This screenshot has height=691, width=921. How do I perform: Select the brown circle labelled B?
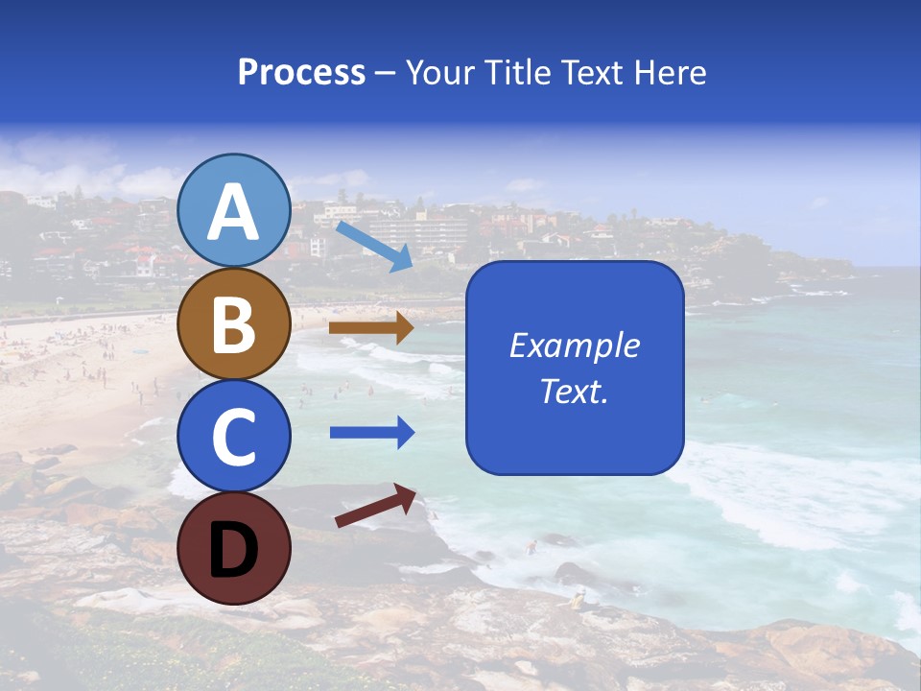pos(234,323)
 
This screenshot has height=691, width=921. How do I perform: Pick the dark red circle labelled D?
pos(234,548)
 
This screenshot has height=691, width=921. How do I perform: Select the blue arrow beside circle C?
pos(371,433)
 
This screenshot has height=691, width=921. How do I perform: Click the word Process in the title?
pos(301,73)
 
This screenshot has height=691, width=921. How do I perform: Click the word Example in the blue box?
pos(574,345)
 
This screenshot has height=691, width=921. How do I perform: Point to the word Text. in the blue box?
pos(574,392)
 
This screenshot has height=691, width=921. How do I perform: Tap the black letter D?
pos(234,550)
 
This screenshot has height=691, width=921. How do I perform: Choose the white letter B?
pos(234,325)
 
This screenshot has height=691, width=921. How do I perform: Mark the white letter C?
pos(234,437)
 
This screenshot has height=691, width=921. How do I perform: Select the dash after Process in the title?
pos(385,74)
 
